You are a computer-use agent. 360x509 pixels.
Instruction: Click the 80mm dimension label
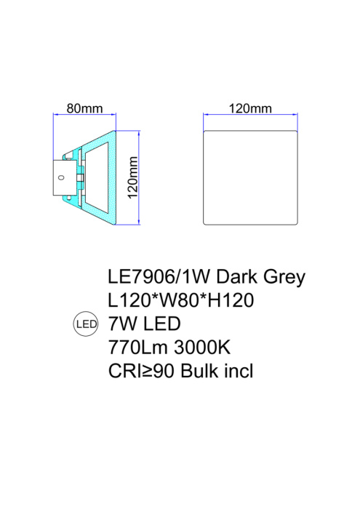pos(84,108)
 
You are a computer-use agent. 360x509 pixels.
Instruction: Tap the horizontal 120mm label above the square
pos(249,108)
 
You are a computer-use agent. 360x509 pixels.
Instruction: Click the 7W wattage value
pos(121,323)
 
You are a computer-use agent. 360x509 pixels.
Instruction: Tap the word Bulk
pos(195,370)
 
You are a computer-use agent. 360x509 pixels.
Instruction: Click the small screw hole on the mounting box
pos(63,177)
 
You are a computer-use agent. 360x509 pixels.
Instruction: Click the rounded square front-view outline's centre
pos(249,178)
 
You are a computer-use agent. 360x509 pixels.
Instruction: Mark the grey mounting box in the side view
pos(64,177)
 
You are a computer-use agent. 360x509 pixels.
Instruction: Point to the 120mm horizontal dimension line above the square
pos(249,115)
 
